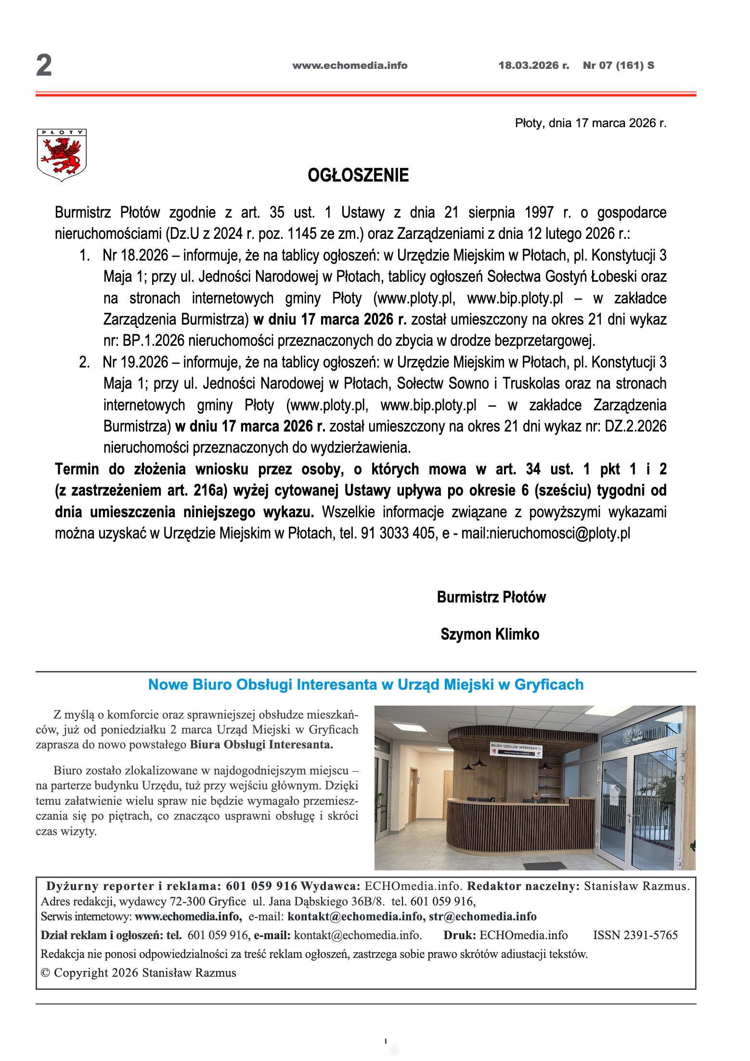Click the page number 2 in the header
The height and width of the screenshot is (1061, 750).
44,65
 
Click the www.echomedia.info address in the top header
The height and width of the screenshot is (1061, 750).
349,65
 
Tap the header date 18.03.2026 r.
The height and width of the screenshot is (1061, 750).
533,65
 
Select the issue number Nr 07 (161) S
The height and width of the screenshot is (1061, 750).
618,65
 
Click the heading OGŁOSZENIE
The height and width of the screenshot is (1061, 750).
358,175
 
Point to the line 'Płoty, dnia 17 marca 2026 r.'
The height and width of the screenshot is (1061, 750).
590,123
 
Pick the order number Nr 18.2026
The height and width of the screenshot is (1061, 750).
135,255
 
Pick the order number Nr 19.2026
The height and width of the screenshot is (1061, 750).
135,362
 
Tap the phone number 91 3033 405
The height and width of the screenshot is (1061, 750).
398,533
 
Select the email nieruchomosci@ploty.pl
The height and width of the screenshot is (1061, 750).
559,533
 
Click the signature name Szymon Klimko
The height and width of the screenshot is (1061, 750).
490,634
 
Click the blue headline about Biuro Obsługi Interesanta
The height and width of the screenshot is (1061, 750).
365,684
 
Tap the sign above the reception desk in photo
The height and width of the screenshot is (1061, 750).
516,749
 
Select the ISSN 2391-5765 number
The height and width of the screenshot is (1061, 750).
635,935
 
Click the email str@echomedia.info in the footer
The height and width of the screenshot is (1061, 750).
482,916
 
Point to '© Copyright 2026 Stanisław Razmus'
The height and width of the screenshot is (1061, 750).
139,972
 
